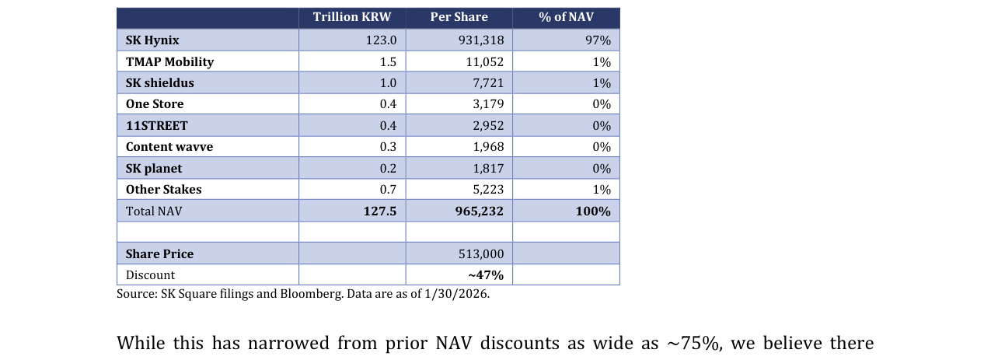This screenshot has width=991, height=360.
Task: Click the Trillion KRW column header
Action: [x=352, y=17]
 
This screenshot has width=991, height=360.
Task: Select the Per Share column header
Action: [x=459, y=17]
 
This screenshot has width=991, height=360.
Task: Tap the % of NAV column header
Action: [x=566, y=17]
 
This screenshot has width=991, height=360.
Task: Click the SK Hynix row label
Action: [x=152, y=40]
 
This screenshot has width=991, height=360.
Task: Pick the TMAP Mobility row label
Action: [x=169, y=61]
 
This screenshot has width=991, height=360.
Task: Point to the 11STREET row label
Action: [x=156, y=126]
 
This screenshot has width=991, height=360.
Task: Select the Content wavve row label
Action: [x=169, y=147]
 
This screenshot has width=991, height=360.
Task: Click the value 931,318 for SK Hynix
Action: [x=481, y=40]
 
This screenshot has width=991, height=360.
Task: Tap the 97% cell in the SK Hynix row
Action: [x=598, y=40]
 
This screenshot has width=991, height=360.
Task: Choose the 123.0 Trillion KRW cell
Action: [x=381, y=40]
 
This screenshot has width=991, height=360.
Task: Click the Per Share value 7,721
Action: [x=488, y=82]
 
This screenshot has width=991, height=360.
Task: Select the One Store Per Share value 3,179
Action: [x=488, y=104]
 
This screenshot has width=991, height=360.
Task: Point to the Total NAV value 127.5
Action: [x=380, y=211]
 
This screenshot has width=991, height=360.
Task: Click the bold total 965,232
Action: [x=479, y=211]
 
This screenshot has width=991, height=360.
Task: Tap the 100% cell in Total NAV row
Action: [x=593, y=211]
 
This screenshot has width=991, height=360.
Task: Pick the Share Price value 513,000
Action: [x=481, y=253]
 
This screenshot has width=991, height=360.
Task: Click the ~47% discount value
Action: [x=486, y=275]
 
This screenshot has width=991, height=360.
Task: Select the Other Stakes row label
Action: [x=164, y=190]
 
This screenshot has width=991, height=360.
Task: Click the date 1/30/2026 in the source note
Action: [x=456, y=294]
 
